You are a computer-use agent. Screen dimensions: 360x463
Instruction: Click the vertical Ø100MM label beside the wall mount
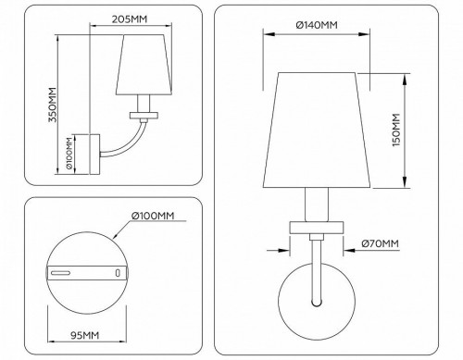pos(71,155)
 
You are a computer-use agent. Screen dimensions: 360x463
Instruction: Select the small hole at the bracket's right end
pos(118,273)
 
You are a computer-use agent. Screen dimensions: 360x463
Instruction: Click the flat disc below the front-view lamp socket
pos(317,228)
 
